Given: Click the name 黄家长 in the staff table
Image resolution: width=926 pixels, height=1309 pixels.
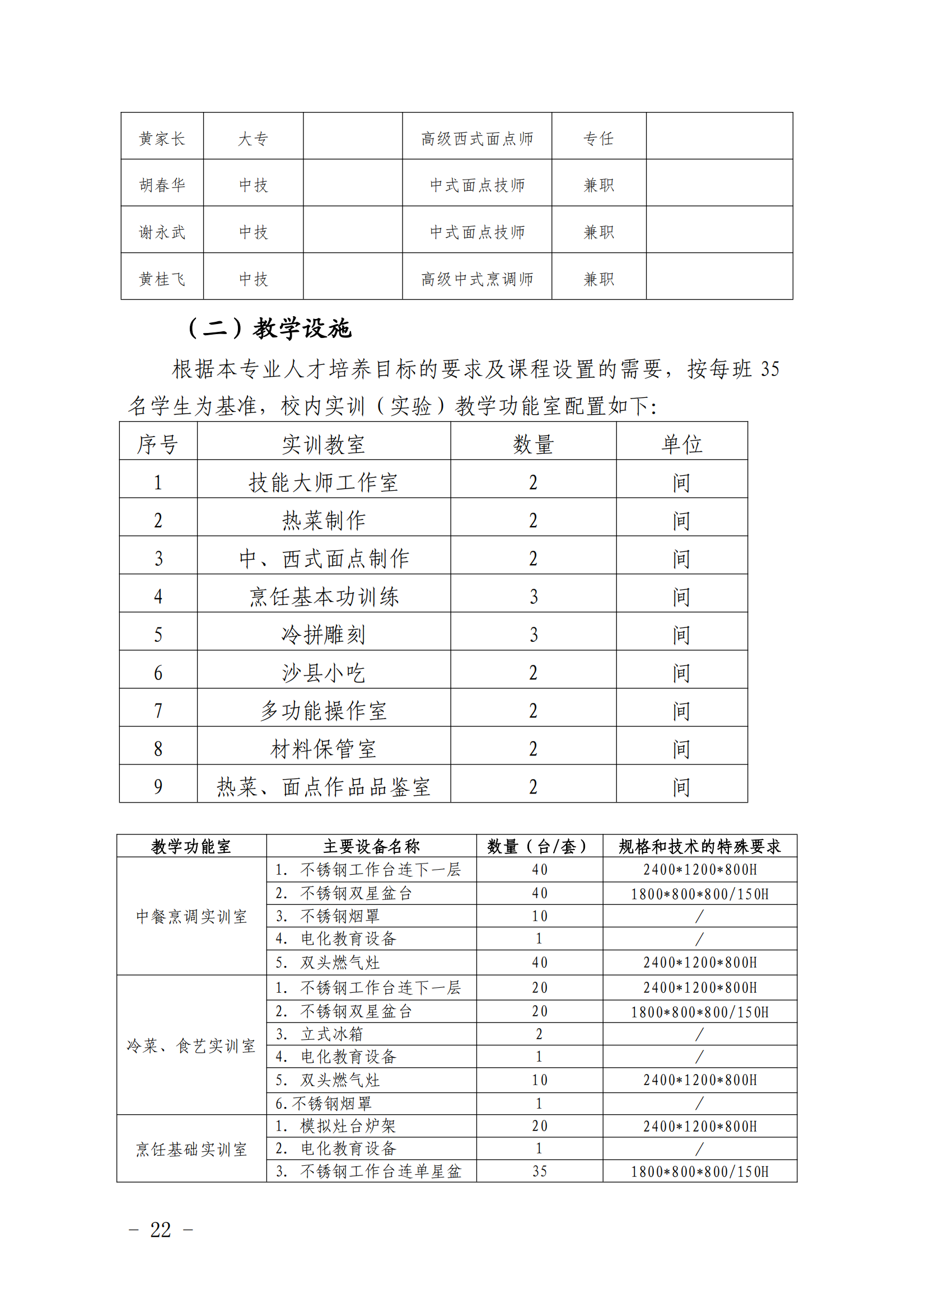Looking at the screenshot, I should pos(162,139).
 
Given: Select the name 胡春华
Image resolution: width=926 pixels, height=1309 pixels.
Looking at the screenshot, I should pos(162,185).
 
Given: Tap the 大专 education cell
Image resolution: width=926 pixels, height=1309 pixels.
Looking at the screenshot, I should pos(252,139).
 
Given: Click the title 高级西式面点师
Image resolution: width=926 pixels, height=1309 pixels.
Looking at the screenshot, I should pos(476,139).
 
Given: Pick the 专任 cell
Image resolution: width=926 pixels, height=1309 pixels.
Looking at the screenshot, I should pos(598,139).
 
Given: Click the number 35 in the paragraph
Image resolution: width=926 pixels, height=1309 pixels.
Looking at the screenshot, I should pos(770,369).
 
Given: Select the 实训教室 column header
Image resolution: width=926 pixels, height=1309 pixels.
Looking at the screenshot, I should pos(323,444).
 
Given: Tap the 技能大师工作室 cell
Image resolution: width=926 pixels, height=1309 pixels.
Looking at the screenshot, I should pos(323,482).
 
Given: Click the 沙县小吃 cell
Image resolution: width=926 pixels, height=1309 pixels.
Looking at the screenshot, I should pos(323,673).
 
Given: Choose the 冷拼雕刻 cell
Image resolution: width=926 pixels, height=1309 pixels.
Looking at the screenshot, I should pos(323,635).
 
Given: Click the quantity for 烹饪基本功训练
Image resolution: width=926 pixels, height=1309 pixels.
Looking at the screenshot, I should pos(533,597).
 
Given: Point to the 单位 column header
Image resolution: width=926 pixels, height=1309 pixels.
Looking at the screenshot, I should pos(681,444).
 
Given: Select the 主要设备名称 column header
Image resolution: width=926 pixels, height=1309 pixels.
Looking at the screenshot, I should pos(371,846).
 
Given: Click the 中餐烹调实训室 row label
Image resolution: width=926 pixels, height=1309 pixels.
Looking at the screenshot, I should pos(191,916).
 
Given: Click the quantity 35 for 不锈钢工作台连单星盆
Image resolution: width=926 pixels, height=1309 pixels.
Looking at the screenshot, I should pos(539,1171).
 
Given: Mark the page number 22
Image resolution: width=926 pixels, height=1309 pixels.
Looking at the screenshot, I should pos(160,1230).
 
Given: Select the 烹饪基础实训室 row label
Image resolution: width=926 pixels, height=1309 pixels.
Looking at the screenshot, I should pos(191,1149).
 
